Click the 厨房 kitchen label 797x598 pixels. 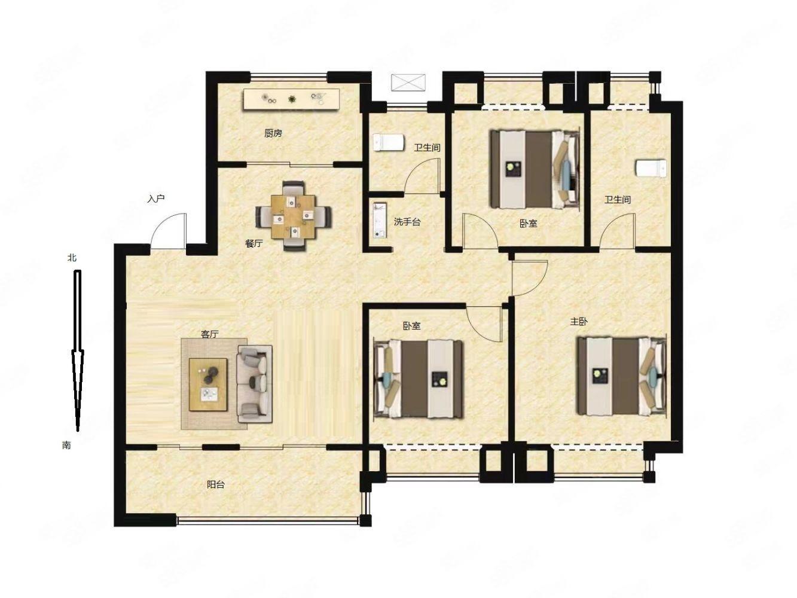coord(273,133)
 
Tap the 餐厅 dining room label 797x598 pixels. coord(254,243)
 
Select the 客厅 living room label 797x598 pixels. coord(210,334)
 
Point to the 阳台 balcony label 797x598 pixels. coord(216,484)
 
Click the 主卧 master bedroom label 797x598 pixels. coord(579,322)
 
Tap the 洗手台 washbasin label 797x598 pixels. coord(407,222)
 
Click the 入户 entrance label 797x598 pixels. coord(156,199)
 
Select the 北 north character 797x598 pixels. coord(72,258)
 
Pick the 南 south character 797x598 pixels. coord(66,445)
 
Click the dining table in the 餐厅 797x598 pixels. coord(294,216)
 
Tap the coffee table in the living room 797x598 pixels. coord(209,385)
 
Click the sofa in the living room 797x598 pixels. coord(255,384)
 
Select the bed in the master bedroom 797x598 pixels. coord(622,376)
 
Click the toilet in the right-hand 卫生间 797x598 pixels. coord(651,169)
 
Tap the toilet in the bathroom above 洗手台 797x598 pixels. coord(389,142)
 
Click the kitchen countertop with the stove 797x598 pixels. coord(291,99)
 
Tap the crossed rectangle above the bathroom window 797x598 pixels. coord(408,83)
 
